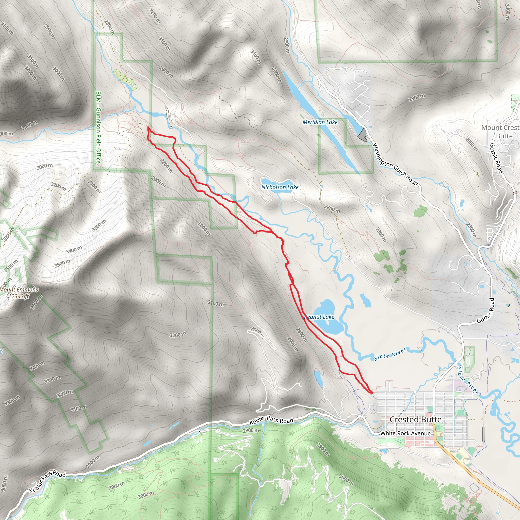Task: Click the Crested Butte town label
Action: pos(415,419)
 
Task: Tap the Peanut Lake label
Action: pos(319,317)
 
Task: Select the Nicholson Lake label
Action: pos(280,187)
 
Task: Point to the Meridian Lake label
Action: pos(320,122)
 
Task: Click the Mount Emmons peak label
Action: pos(19,290)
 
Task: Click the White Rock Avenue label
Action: pos(405,433)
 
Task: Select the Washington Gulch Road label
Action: pos(395,165)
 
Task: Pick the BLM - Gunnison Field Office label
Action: pos(98,127)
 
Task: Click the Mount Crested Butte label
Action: pos(500,132)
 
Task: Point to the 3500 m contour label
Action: pos(62,264)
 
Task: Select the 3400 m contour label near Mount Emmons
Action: pos(74,250)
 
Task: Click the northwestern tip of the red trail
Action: pos(148,127)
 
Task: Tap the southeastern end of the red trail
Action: pos(372,393)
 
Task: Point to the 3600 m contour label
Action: pos(37,302)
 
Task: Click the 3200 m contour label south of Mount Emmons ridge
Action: pos(178,335)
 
